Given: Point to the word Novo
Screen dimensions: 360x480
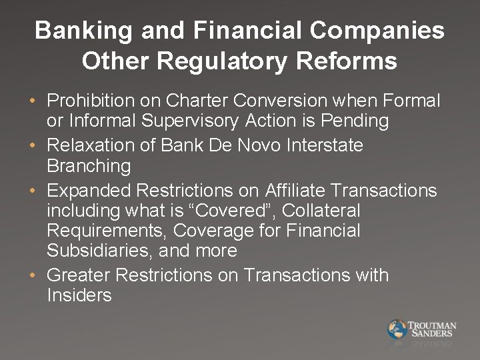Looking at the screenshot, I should click(261, 145).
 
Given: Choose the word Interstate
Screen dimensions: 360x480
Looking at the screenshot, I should click(327, 145).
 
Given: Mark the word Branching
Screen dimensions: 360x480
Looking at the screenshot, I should click(89, 165).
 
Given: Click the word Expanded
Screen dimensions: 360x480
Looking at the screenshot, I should click(89, 191).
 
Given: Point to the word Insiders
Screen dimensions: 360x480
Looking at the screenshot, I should click(79, 295).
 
